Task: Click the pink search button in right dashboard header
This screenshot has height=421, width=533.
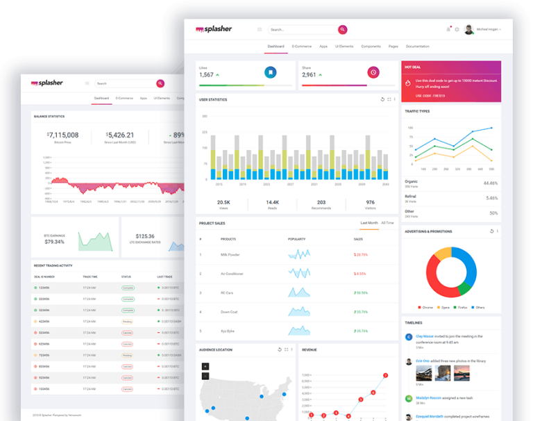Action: click(342, 29)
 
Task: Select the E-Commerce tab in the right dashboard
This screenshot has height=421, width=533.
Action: click(302, 46)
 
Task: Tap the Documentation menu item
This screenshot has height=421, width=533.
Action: click(418, 46)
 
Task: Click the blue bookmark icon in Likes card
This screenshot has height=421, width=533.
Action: click(270, 72)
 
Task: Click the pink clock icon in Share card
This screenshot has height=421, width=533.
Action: click(373, 72)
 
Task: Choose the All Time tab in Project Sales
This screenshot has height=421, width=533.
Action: click(387, 223)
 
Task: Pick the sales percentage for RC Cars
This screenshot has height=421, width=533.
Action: click(361, 292)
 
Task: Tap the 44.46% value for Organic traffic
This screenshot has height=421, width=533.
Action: click(490, 183)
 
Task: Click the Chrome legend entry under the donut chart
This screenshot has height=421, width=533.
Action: click(428, 306)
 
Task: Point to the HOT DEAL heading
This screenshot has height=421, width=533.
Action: click(412, 67)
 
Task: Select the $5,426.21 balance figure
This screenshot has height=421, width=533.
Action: click(119, 135)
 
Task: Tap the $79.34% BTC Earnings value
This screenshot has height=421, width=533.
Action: click(54, 242)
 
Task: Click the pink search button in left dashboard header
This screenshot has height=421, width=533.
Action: click(160, 83)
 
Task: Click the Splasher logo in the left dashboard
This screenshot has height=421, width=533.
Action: click(47, 83)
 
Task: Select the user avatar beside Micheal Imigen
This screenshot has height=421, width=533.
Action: click(469, 29)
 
